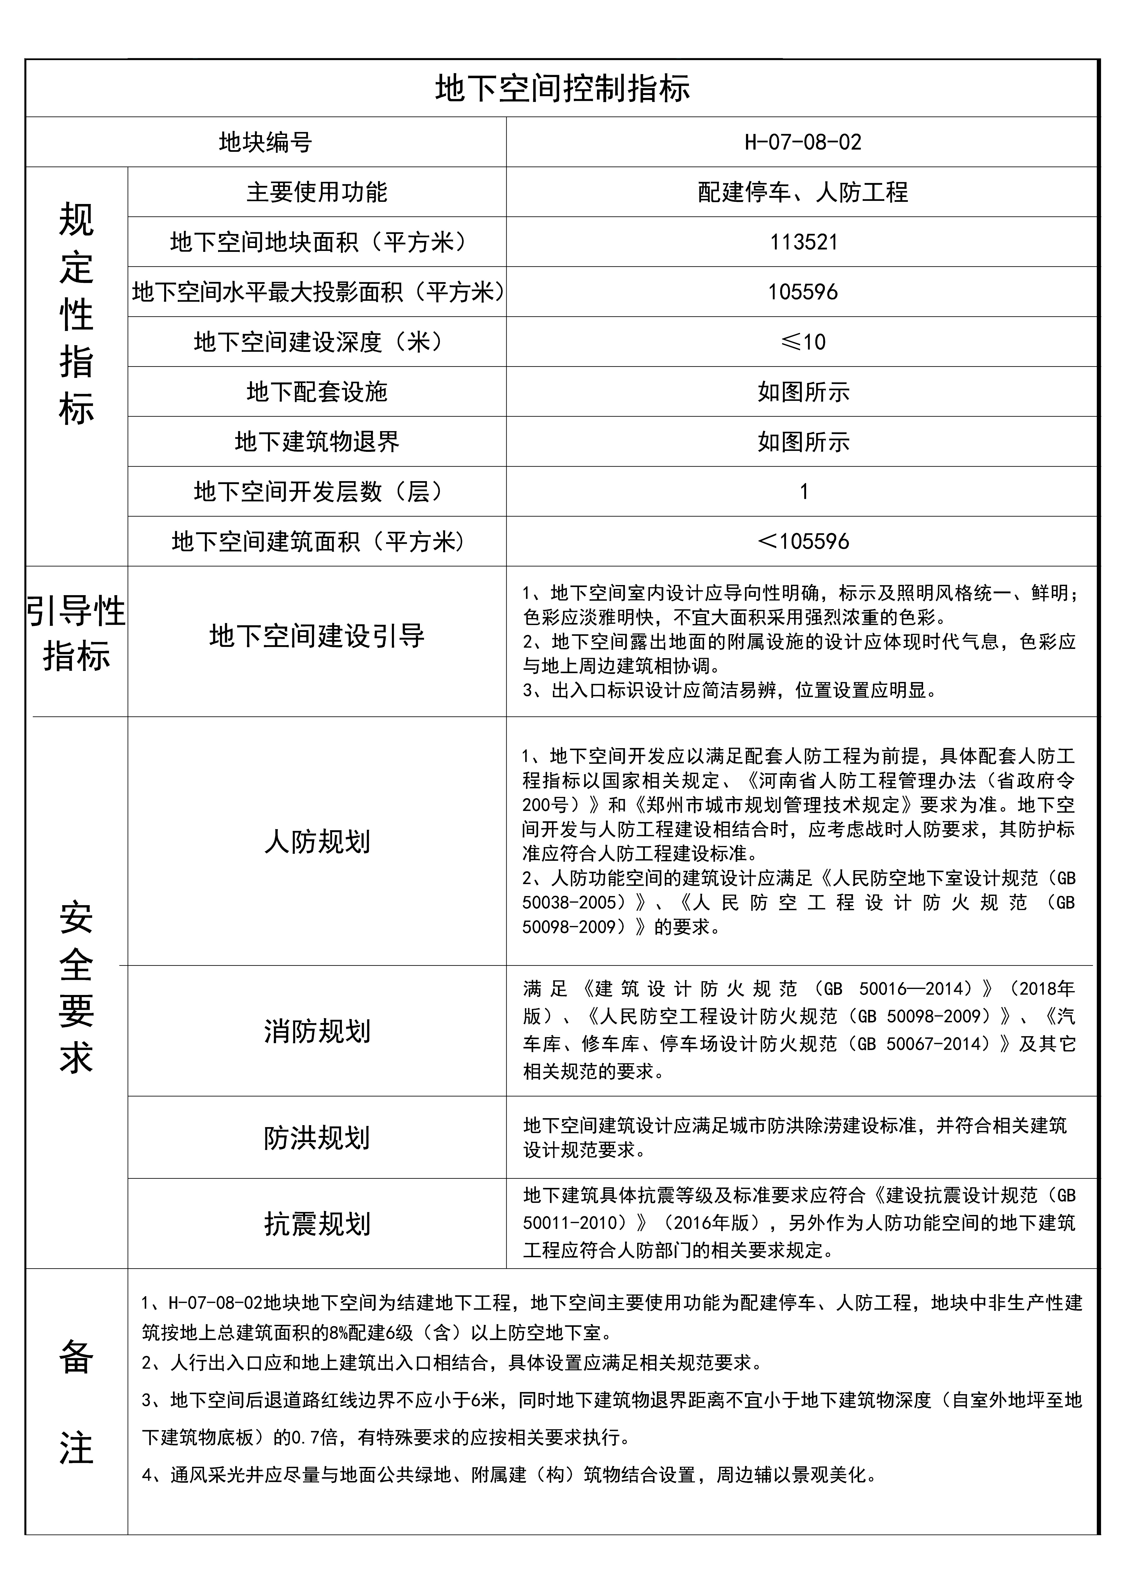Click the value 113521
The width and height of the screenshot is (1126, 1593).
[803, 242]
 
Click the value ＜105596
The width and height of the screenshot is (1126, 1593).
[803, 541]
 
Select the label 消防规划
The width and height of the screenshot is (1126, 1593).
[317, 1031]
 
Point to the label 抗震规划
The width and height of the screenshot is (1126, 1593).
[317, 1224]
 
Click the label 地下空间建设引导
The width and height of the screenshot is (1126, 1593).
[317, 636]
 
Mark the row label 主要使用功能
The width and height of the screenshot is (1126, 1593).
[317, 192]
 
